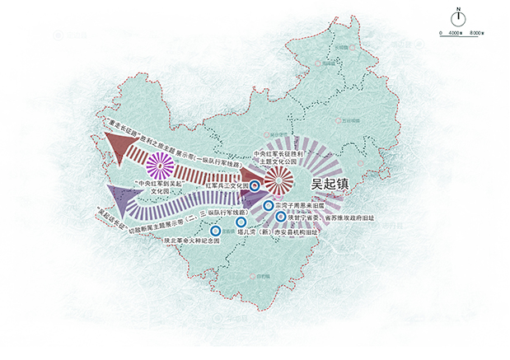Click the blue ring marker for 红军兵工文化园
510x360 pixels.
[255, 187]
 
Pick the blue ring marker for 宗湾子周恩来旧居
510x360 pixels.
[268, 204]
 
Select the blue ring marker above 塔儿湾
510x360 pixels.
[241, 222]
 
